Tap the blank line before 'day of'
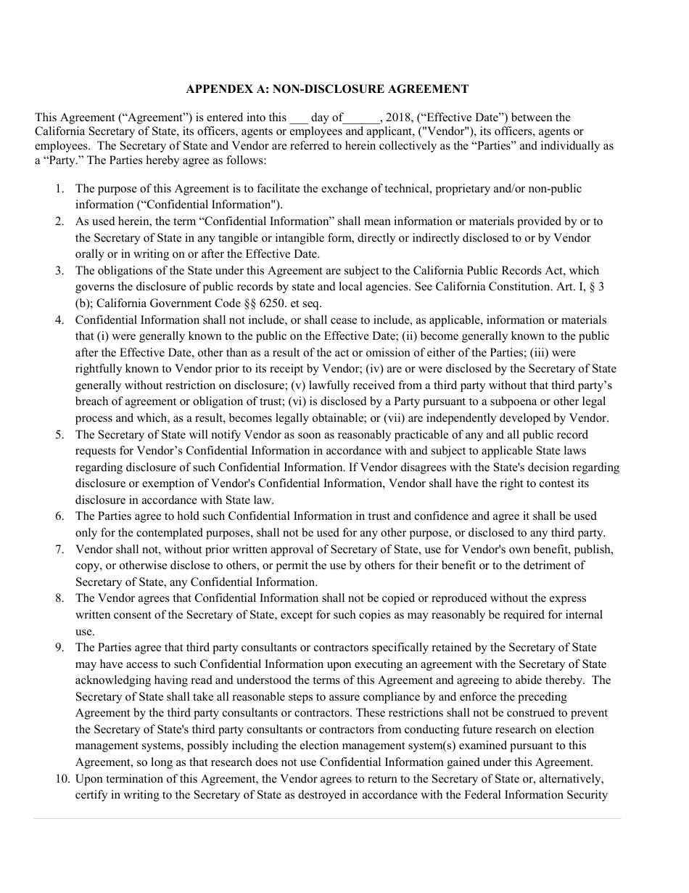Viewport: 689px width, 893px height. [x=298, y=119]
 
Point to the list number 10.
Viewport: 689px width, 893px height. [x=62, y=779]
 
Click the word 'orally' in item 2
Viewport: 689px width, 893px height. [x=91, y=254]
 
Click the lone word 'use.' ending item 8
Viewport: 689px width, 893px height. [x=85, y=631]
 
